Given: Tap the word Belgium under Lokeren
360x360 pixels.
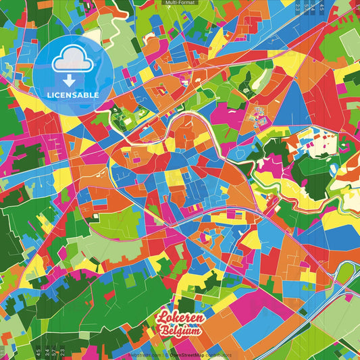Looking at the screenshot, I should tap(180, 331).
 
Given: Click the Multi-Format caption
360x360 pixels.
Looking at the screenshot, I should tap(179, 3).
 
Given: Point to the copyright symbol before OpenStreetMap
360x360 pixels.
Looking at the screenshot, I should tap(166, 354).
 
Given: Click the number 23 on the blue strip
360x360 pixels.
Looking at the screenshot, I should tap(298, 8).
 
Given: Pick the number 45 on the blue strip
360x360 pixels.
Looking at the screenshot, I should tap(322, 8).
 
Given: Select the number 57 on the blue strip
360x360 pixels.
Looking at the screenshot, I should tap(306, 8).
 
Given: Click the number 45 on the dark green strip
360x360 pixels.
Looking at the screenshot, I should tap(38, 352).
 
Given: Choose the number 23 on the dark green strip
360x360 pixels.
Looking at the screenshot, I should tap(62, 352).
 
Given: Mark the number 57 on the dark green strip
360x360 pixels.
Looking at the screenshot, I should tap(54, 352).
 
